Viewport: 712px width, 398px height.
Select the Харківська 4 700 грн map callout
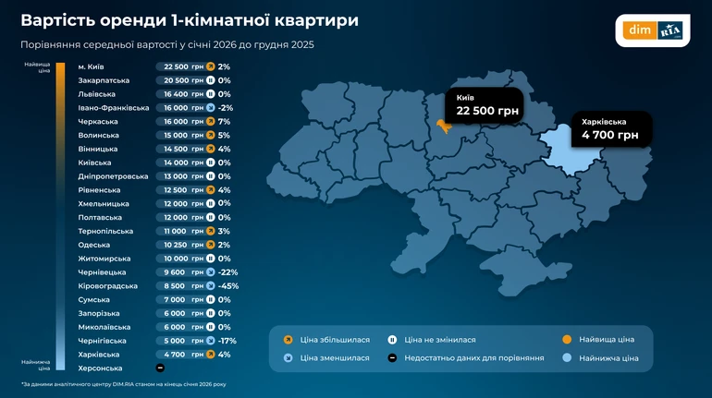pyautogui.click(x=610, y=128)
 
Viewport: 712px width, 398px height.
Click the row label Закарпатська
pyautogui.click(x=104, y=80)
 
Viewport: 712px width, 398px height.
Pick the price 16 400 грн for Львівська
pyautogui.click(x=183, y=94)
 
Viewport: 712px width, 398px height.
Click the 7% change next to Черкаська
pyautogui.click(x=224, y=122)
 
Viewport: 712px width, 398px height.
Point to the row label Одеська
pyautogui.click(x=94, y=245)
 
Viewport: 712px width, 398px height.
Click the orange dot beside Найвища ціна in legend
pyautogui.click(x=566, y=340)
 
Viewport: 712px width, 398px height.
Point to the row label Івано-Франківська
pyautogui.click(x=114, y=108)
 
